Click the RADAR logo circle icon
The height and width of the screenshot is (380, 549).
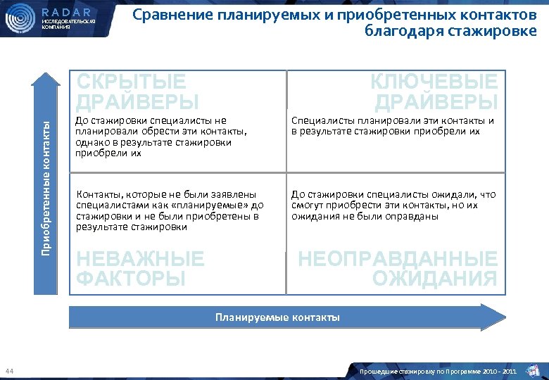20,18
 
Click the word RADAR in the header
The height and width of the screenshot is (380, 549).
66,12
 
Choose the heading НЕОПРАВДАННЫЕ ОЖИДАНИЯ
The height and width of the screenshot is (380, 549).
398,269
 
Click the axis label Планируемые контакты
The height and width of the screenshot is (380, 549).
277,317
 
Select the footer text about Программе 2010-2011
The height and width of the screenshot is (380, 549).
438,371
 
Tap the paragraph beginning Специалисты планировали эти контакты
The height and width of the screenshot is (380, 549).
393,125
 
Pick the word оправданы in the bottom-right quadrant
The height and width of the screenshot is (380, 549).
416,216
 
